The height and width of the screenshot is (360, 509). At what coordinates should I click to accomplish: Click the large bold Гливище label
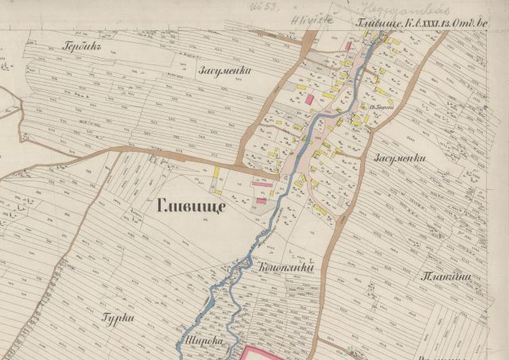click(192, 207)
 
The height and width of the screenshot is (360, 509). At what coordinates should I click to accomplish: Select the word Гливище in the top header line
click(374, 24)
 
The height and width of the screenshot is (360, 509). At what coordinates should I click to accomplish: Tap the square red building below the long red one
click(260, 202)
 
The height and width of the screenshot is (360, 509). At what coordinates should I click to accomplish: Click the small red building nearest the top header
click(348, 47)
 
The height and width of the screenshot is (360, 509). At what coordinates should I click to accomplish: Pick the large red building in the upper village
click(309, 99)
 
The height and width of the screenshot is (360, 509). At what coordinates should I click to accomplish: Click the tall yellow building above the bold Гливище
click(216, 172)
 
